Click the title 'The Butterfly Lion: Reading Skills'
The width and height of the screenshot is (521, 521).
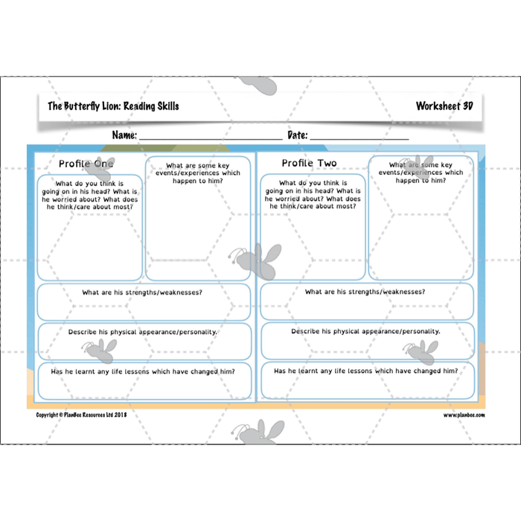coord(113,106)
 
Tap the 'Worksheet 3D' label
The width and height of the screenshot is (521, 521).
coord(444,106)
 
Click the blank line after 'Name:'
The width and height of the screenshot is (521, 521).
coord(210,136)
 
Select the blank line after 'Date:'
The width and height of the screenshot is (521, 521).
coord(359,136)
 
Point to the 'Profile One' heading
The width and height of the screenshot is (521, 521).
coord(86,164)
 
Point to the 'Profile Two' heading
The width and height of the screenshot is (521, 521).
coord(309,164)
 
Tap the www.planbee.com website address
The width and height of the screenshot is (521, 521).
coord(464,415)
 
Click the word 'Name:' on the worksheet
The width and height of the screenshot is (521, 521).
coord(124,135)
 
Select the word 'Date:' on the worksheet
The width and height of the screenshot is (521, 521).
coord(297,135)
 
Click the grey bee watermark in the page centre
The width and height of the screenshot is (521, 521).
coord(257,260)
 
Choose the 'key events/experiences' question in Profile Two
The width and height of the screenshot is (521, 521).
coord(421,173)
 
